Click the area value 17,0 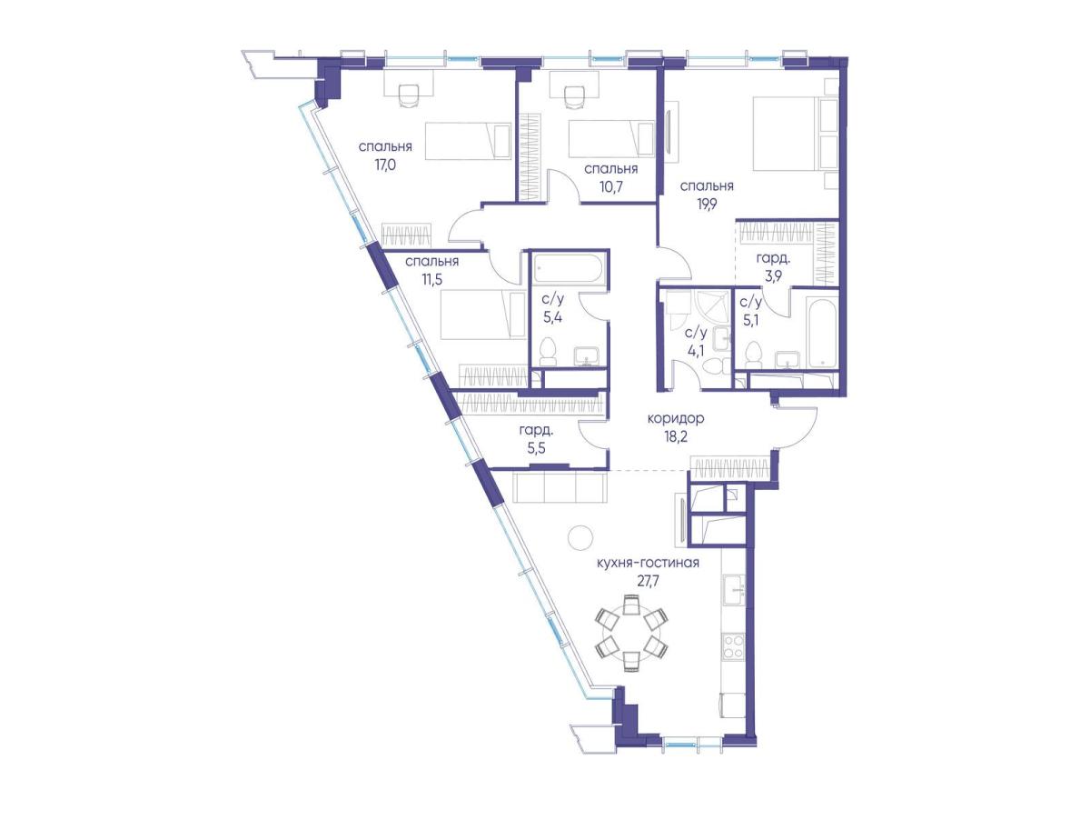pos(385,165)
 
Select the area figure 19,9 pos(707,205)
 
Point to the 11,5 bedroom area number pos(432,279)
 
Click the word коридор pos(676,418)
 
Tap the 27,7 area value pos(648,581)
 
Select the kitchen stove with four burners pos(732,645)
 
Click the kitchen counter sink pos(733,590)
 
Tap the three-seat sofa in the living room pos(560,486)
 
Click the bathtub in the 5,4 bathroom pos(569,270)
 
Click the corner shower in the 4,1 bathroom pos(710,308)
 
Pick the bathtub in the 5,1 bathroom pos(820,333)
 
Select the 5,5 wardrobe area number pos(536,449)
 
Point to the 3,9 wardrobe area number pos(773,275)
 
